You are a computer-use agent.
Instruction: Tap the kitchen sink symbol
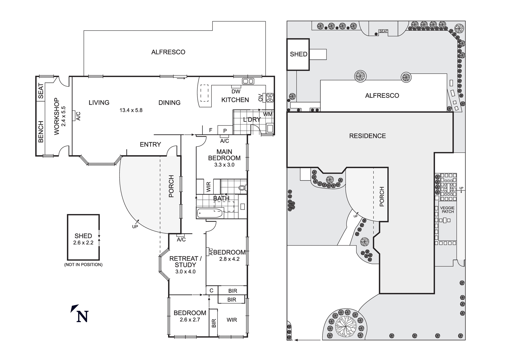[x=248, y=81]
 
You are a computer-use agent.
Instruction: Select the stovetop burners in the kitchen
[x=270, y=98]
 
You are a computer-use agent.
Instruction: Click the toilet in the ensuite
[x=242, y=188]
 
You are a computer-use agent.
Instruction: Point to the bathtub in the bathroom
[x=210, y=213]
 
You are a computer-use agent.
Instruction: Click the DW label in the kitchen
[x=236, y=91]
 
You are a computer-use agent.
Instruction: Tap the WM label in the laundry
[x=267, y=114]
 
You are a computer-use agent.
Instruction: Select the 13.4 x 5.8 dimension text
[x=131, y=110]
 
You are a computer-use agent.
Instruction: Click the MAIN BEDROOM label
[x=224, y=155]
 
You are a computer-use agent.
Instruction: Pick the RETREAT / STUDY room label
[x=185, y=262]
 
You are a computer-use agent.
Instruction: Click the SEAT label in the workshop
[x=41, y=91]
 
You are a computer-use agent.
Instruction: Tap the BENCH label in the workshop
[x=41, y=132]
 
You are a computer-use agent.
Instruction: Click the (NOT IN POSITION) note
[x=83, y=265]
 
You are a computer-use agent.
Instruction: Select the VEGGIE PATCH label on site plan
[x=447, y=210]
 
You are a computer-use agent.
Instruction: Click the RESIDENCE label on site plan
[x=367, y=136]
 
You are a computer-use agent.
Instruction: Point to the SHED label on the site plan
[x=298, y=54]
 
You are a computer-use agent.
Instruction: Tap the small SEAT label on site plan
[x=383, y=31]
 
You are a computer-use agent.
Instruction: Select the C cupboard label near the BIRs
[x=211, y=291]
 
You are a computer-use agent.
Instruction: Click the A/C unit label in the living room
[x=78, y=116]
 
